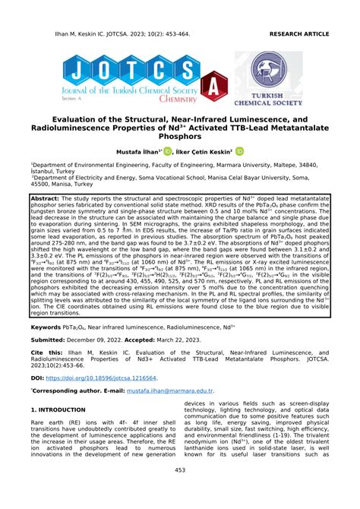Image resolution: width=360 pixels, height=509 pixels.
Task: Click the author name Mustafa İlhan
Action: [144, 152]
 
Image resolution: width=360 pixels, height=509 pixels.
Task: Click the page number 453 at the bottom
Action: [180, 492]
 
